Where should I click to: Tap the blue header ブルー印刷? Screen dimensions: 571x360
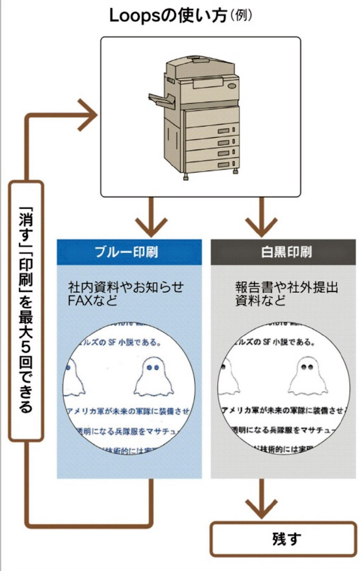pos(129,252)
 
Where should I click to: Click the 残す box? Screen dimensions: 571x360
pos(283,539)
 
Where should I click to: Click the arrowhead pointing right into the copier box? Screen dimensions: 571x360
pos(87,114)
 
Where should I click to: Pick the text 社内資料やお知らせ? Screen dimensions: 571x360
pos(126,288)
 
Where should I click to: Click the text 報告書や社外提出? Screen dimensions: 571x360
pos(286,288)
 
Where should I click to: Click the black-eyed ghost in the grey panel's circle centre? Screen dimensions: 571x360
pos(306,376)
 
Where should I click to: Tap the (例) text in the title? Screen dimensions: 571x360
pos(240,15)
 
